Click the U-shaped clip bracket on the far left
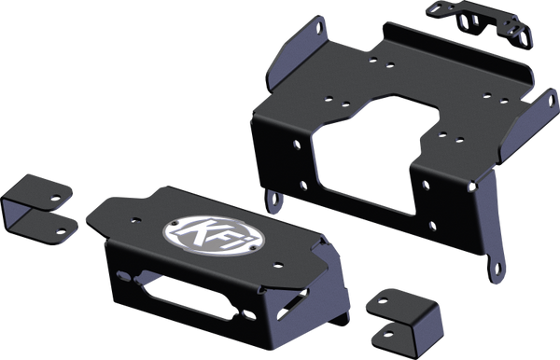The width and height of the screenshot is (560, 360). (43, 211)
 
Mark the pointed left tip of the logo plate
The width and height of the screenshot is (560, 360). (86, 216)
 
